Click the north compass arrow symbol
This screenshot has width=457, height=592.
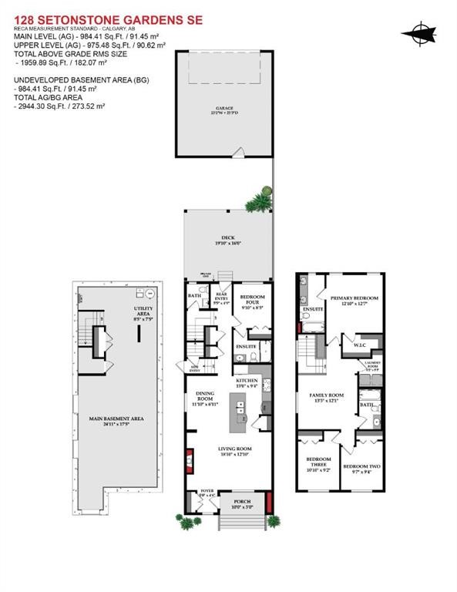click(x=419, y=32)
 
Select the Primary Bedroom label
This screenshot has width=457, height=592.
click(x=355, y=300)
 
